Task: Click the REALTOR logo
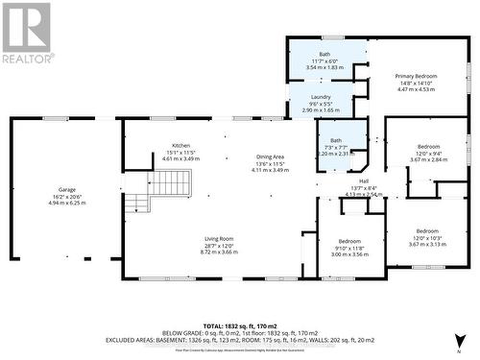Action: coord(26,32)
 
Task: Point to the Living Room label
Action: coord(220,239)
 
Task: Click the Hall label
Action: coord(363,180)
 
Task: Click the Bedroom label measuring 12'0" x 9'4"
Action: coord(427,147)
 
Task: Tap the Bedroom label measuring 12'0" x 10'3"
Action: coord(427,231)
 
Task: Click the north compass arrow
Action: coord(459,338)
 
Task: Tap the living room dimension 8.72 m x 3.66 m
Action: coord(220,252)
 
